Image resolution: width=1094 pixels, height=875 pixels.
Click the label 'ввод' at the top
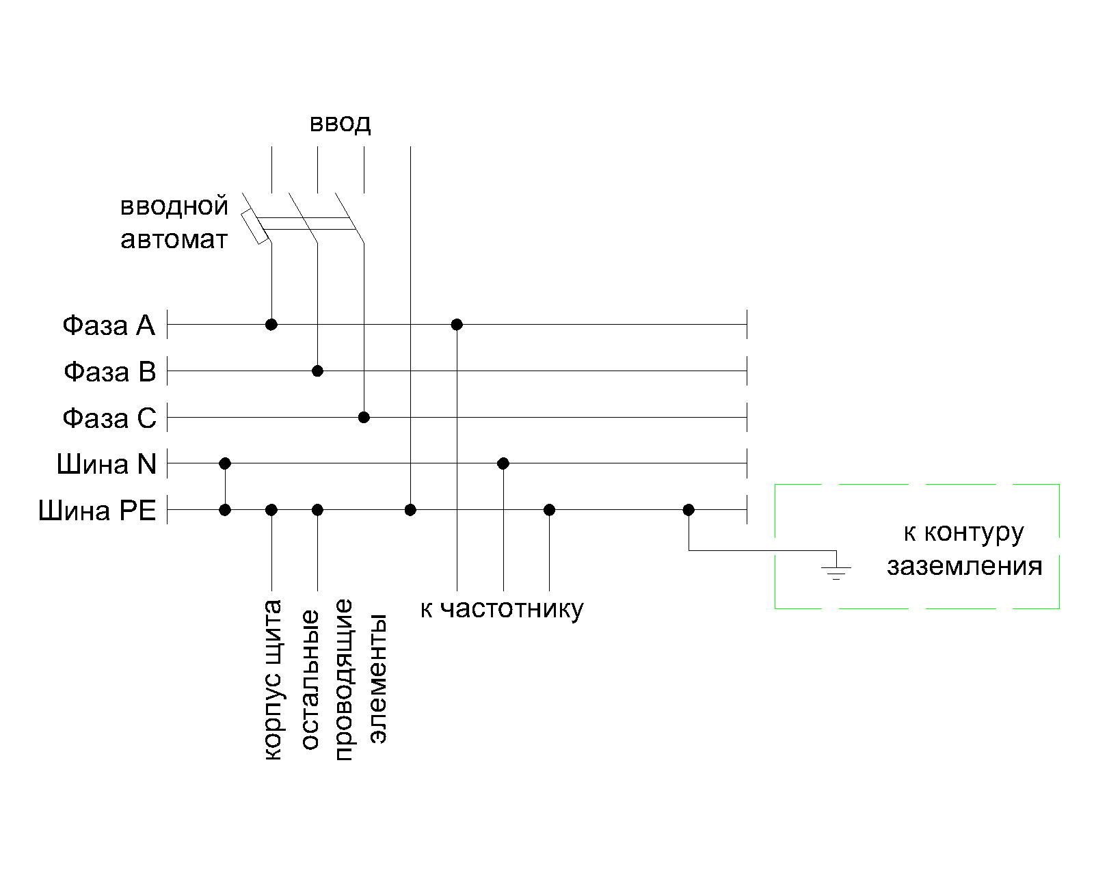pos(340,124)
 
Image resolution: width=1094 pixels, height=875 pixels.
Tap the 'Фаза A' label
pos(109,325)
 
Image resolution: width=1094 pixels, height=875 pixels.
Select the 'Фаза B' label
pos(110,372)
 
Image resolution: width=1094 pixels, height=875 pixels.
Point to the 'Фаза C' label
pos(109,418)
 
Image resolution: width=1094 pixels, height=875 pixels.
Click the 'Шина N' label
pos(107,465)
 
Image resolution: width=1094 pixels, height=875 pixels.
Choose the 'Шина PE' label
pos(98,511)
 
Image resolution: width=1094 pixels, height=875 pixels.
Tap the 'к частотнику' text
pos(502,608)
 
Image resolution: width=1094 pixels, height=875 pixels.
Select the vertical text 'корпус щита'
pos(272,679)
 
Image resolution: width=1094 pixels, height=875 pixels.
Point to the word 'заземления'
pos(964,567)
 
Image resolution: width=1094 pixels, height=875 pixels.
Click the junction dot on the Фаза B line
pos(317,371)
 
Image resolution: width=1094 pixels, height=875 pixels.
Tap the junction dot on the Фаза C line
pos(364,417)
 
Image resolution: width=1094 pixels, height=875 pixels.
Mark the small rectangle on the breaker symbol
pos(254,228)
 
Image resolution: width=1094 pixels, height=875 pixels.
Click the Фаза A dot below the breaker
pos(271,324)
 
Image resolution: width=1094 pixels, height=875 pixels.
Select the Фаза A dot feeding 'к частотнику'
pos(457,324)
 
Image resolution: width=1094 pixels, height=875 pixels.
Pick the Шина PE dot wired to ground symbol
pos(689,510)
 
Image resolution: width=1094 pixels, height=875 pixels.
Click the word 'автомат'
pos(174,241)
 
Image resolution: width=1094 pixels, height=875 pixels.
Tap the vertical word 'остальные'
pos(309,679)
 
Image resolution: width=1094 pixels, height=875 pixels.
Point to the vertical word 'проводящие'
pos(343,679)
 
